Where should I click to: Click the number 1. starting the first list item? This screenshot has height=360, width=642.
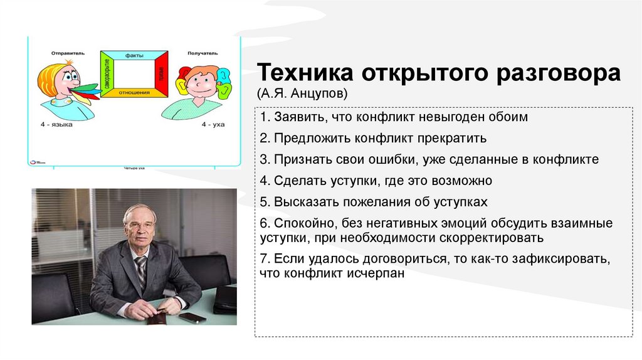(x=265, y=117)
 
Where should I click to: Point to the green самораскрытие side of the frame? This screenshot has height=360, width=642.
(x=107, y=74)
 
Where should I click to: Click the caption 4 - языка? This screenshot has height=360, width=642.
(x=58, y=125)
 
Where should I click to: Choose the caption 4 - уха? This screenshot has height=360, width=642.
(x=213, y=125)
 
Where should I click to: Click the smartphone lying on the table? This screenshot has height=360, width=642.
(x=192, y=317)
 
